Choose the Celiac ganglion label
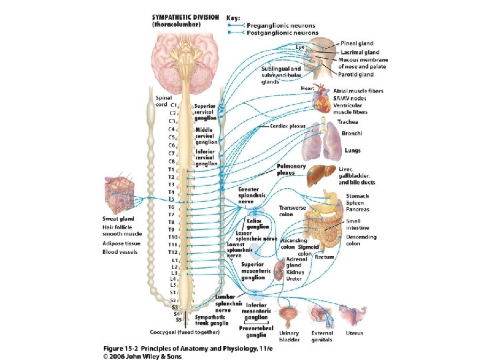[x=258, y=223]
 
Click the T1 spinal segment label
[x=171, y=169]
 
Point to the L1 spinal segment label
[x=175, y=260]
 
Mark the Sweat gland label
[x=118, y=219]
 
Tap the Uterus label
[x=354, y=333]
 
